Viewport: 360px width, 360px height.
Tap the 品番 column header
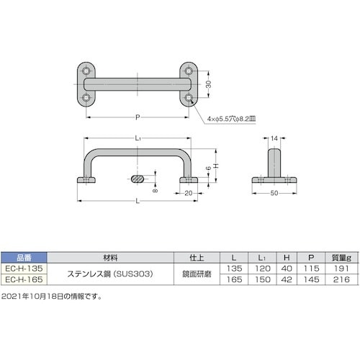(x=24, y=254)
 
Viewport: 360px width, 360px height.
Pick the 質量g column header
(x=341, y=254)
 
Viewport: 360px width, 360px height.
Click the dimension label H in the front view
(x=215, y=164)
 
